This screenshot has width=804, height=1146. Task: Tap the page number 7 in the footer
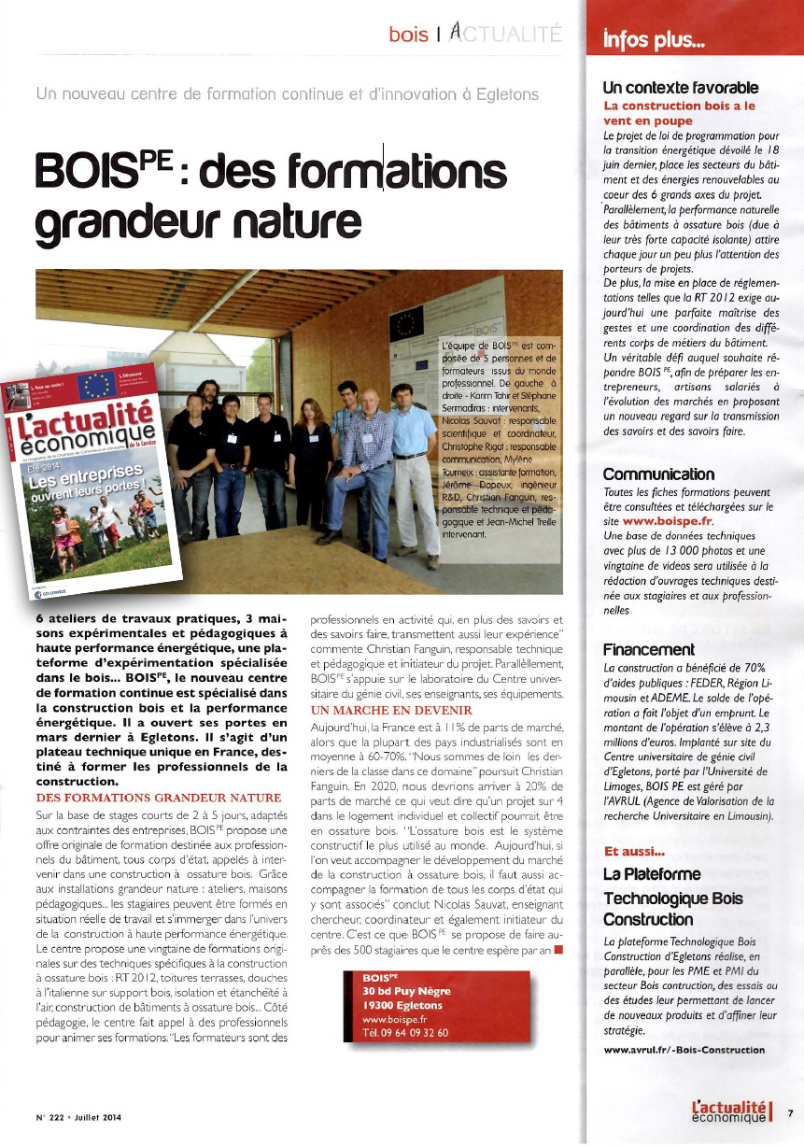[x=790, y=1112]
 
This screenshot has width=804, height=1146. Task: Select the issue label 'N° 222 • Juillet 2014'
[x=73, y=1117]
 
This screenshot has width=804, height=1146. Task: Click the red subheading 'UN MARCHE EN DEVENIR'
[x=374, y=711]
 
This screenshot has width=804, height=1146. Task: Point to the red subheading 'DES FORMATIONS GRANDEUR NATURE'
[x=157, y=797]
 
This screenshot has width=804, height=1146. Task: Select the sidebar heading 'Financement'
[x=648, y=649]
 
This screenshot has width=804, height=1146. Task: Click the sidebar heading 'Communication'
[x=658, y=474]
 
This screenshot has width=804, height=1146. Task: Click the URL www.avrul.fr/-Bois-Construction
[x=684, y=1049]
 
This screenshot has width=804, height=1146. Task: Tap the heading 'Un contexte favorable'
[x=681, y=89]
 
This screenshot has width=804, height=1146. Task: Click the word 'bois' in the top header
[x=408, y=35]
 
